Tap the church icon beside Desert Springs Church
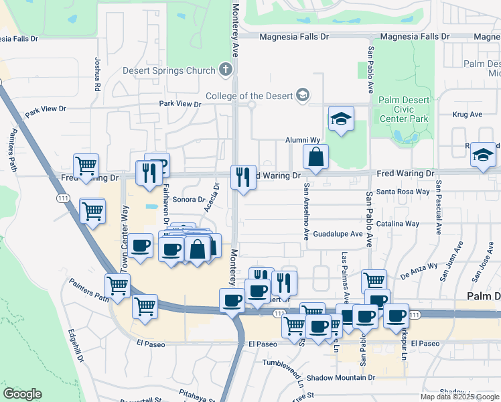[226, 70]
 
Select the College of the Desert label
[249, 96]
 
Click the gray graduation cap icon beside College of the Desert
[303, 95]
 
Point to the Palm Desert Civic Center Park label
[403, 109]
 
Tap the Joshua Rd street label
[98, 74]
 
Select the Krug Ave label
[467, 115]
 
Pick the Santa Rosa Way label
[403, 192]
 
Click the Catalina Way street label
[398, 224]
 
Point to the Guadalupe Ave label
[338, 234]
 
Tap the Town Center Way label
[125, 239]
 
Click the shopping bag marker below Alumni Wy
[315, 158]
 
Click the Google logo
[22, 394]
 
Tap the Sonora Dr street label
[188, 200]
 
